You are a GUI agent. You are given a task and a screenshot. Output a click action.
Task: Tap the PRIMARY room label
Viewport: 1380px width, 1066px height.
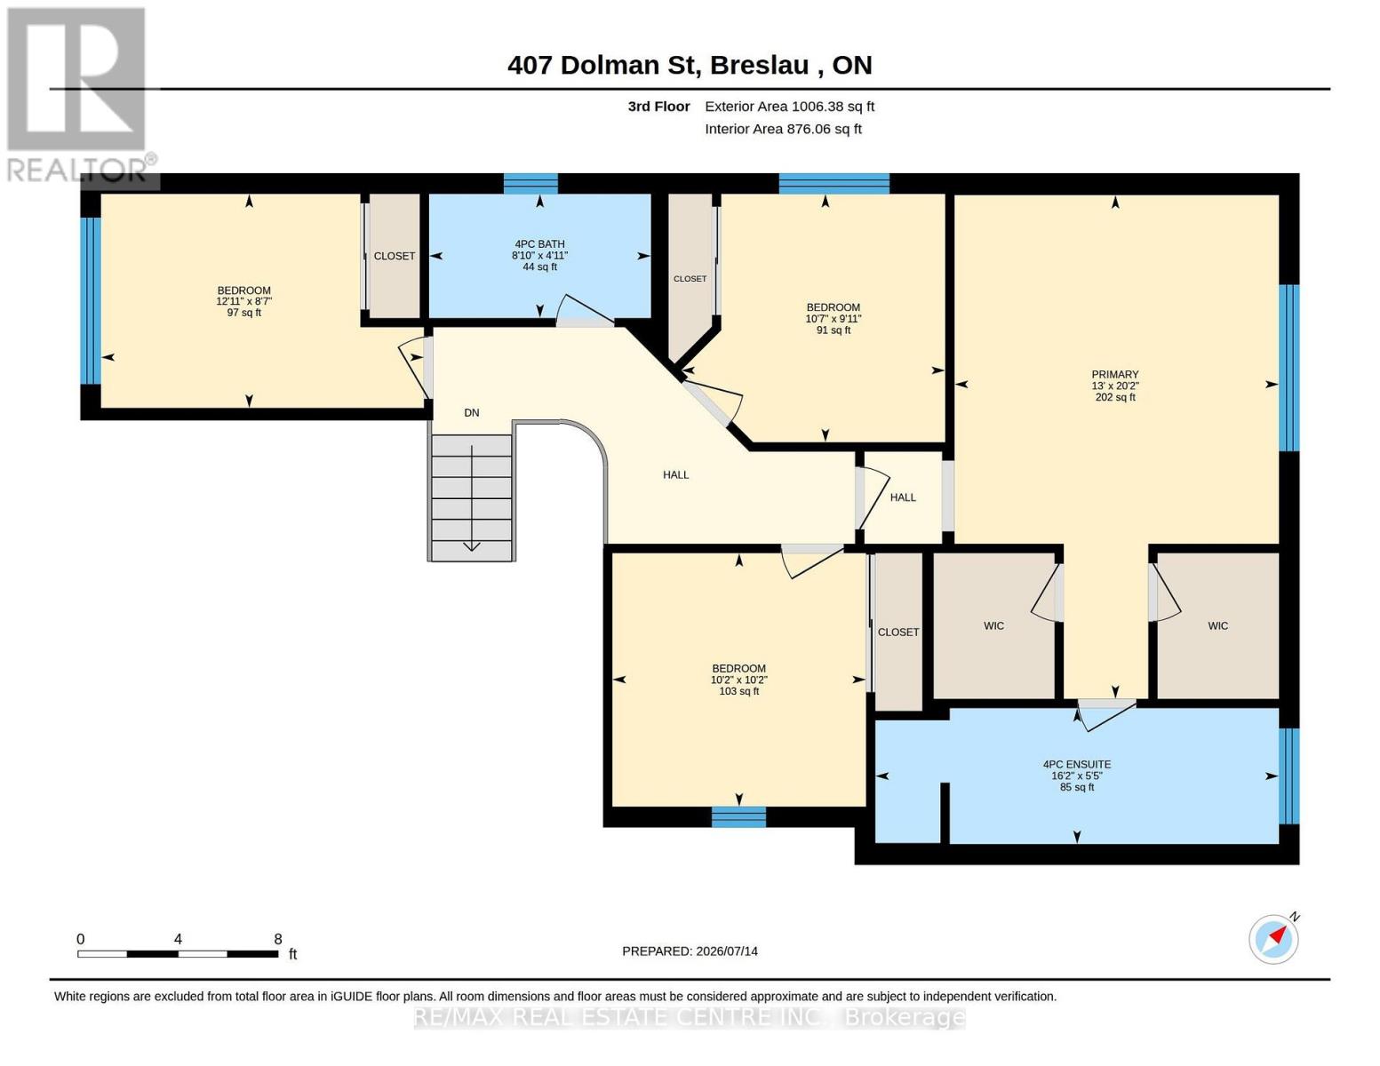point(1114,375)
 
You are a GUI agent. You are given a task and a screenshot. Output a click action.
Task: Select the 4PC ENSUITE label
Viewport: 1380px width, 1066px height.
point(1076,765)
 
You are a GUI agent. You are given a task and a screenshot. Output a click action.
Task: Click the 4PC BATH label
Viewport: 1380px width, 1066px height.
point(539,243)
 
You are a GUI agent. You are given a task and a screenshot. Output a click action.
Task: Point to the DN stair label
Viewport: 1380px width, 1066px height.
point(471,413)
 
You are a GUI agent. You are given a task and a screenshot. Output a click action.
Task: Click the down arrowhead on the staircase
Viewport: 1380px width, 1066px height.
point(471,546)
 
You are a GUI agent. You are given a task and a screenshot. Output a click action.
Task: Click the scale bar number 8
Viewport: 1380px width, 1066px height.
point(277,938)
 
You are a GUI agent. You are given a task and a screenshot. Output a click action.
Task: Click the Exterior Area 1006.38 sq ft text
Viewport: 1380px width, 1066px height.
point(789,107)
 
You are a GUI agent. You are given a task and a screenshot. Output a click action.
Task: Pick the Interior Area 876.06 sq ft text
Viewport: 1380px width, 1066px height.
point(783,129)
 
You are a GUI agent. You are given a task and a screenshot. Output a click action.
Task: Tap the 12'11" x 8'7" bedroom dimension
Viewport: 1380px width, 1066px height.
point(243,301)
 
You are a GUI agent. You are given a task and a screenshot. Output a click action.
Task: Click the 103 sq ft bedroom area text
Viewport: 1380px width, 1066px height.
point(738,691)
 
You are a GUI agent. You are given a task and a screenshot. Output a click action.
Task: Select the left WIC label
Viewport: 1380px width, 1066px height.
point(993,626)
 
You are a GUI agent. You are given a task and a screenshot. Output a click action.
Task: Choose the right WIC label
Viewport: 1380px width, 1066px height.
point(1217,626)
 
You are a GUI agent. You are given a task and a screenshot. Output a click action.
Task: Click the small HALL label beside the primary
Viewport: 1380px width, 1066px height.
point(903,497)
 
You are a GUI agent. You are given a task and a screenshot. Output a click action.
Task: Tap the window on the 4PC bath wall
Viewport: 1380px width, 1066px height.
point(530,184)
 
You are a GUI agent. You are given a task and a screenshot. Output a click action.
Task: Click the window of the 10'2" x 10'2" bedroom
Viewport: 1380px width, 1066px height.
point(738,816)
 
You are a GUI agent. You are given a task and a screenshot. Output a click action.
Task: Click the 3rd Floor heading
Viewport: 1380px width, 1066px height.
point(658,107)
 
